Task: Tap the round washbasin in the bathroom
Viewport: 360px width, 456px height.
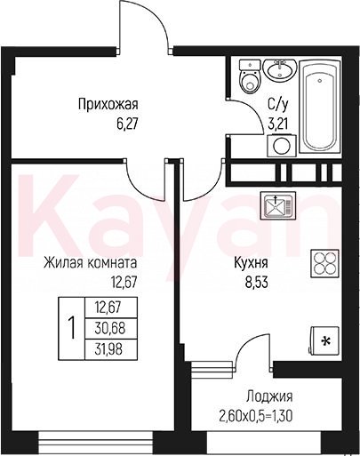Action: pos(279,70)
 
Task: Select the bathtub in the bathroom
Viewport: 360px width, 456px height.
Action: pos(319,106)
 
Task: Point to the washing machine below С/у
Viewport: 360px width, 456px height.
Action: pos(282,146)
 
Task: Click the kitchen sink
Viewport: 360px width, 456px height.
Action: pos(278,205)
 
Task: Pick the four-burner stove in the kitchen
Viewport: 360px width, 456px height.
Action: pos(324,264)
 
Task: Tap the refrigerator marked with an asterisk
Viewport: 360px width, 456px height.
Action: pos(324,341)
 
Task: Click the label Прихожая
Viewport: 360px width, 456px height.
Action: pos(108,105)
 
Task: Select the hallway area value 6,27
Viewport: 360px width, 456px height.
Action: pos(128,124)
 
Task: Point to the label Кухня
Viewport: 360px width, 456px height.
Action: pos(251,263)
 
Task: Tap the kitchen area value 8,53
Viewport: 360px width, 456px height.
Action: pos(256,283)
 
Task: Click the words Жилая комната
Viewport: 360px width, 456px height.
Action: pos(91,263)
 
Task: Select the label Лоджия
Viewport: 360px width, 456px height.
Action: pos(269,396)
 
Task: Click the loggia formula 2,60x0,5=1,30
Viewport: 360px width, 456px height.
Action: pos(256,416)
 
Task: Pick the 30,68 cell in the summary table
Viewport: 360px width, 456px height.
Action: pos(110,329)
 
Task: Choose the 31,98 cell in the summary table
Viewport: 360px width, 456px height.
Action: pos(110,349)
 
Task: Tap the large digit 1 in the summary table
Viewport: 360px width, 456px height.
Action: pos(71,329)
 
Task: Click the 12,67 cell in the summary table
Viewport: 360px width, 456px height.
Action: pos(110,308)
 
